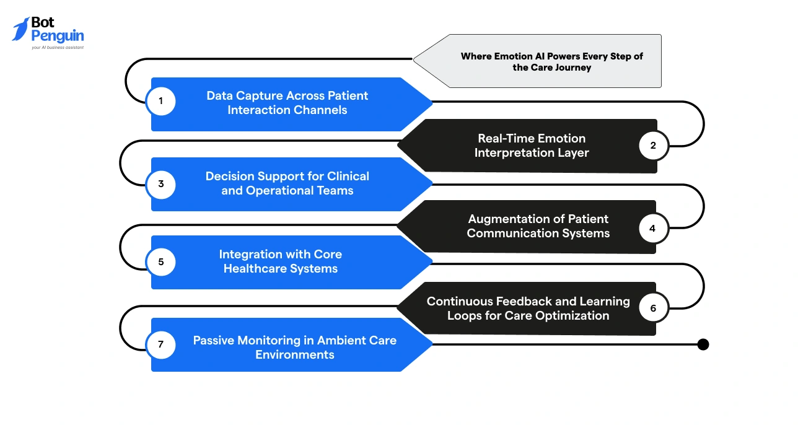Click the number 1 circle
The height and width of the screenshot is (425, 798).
pyautogui.click(x=161, y=102)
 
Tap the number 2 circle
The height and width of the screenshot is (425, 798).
pyautogui.click(x=653, y=146)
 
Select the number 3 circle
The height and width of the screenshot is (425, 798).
pyautogui.click(x=161, y=184)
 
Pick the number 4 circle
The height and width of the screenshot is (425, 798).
pyautogui.click(x=653, y=228)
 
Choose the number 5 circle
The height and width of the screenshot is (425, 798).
pyautogui.click(x=161, y=261)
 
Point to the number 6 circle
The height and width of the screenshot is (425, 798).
pyautogui.click(x=653, y=308)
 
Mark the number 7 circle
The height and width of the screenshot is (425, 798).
pyautogui.click(x=161, y=344)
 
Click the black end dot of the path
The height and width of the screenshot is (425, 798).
pyautogui.click(x=703, y=344)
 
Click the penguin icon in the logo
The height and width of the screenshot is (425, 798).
pyautogui.click(x=20, y=29)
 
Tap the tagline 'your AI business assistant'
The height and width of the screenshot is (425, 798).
pyautogui.click(x=58, y=47)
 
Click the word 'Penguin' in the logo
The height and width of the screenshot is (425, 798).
pyautogui.click(x=58, y=36)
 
